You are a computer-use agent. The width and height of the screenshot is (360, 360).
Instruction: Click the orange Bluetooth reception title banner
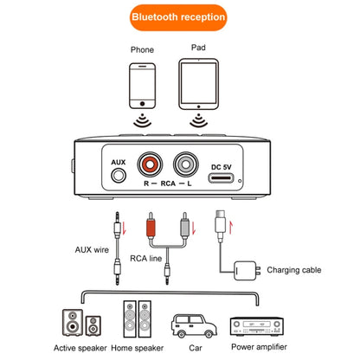[179, 16]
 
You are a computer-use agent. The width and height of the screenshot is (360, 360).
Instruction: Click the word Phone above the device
[142, 49]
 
